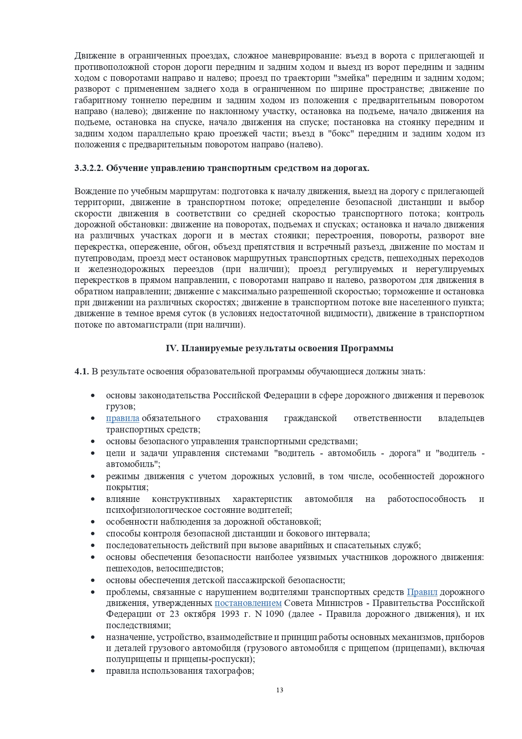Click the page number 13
point(280,690)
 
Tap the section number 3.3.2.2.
point(89,168)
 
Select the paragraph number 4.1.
point(82,371)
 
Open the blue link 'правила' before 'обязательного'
point(123,418)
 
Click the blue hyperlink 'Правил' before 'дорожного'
point(422,592)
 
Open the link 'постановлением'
point(248,603)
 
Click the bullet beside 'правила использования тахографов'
point(93,671)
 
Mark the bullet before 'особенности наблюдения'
point(93,522)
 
